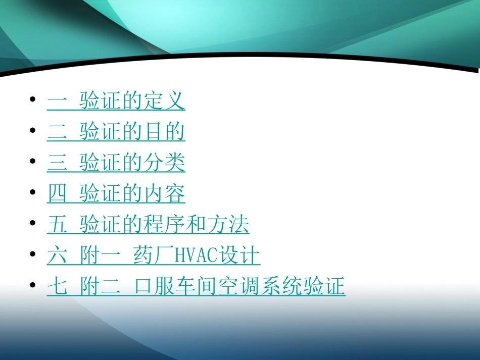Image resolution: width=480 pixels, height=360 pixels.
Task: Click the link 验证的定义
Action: (x=132, y=101)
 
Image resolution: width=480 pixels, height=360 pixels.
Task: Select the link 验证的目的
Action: (x=132, y=132)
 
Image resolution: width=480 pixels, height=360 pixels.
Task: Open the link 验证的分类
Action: (x=132, y=163)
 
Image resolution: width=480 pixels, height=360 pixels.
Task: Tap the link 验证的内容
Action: (x=132, y=194)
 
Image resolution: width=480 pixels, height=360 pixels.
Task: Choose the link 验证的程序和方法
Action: (x=164, y=225)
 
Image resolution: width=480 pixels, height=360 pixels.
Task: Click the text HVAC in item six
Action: (x=195, y=256)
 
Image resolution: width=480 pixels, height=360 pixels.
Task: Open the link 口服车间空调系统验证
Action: (x=240, y=287)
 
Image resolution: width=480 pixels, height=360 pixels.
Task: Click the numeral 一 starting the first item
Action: (x=57, y=101)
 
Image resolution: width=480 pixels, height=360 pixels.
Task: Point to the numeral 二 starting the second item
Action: (x=57, y=132)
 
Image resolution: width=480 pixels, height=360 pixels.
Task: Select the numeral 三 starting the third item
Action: (x=57, y=163)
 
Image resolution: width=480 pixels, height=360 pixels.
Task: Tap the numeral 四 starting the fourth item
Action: (x=57, y=194)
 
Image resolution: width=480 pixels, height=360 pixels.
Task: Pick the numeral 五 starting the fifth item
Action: (x=57, y=225)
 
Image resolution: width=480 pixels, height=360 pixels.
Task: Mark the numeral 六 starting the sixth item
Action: (x=57, y=256)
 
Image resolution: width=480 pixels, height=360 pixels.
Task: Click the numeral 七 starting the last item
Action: (x=57, y=287)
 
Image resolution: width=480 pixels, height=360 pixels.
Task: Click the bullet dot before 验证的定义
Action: (x=33, y=99)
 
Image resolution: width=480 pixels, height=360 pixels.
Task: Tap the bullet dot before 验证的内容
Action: (x=33, y=192)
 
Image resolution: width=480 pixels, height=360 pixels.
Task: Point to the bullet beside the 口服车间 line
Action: (x=33, y=285)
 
